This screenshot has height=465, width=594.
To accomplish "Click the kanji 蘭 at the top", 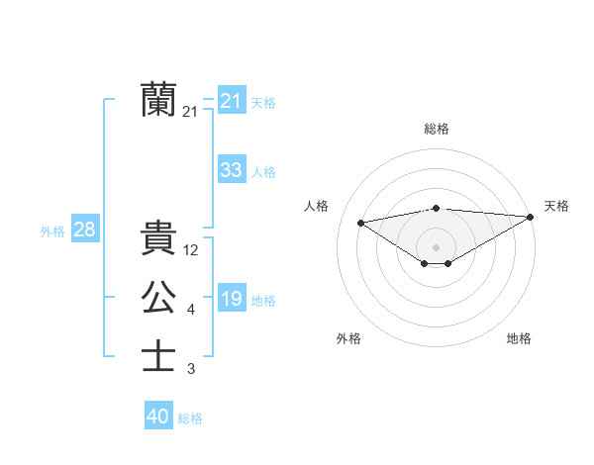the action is [x=158, y=100].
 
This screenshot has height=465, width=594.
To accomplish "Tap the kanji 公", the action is [x=158, y=298].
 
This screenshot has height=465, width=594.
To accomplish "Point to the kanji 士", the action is [x=158, y=356].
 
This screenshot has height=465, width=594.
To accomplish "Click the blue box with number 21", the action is [x=231, y=101].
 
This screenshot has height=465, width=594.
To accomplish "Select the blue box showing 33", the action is [x=231, y=170].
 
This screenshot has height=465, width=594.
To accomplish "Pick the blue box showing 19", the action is [x=231, y=299].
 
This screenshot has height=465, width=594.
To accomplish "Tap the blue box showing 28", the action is [x=84, y=230].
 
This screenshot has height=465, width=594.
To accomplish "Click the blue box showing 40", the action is [x=158, y=417].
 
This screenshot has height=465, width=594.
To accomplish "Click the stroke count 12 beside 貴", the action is [x=192, y=250].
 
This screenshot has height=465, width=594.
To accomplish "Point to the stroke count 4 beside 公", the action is [x=190, y=311].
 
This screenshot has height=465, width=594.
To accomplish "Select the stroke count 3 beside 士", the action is [x=190, y=370].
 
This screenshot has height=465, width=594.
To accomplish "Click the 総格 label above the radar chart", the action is [x=437, y=129].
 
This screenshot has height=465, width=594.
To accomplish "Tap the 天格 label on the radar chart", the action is [x=556, y=206].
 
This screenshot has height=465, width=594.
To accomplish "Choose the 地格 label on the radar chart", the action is [x=519, y=338].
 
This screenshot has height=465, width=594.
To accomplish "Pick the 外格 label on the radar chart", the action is [x=348, y=338].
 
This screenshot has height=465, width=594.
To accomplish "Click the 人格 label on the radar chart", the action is [x=316, y=206].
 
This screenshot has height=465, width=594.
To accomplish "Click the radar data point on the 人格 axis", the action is [x=360, y=222].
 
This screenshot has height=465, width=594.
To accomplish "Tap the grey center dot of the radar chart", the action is [x=436, y=246].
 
